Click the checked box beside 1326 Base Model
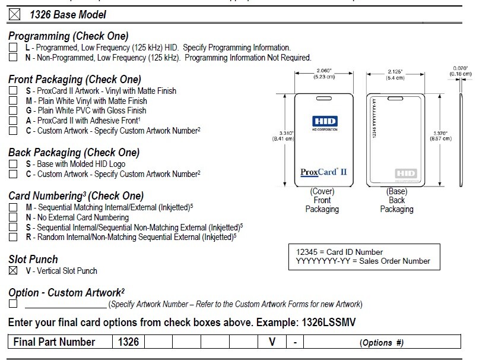[15, 14]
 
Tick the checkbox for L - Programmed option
[13, 48]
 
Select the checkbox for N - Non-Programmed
[13, 58]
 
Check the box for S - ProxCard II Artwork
[13, 91]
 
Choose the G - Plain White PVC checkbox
[13, 110]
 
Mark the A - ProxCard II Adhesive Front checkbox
[13, 121]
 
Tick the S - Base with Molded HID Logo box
[13, 164]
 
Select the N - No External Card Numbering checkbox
[13, 217]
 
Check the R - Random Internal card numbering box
[13, 237]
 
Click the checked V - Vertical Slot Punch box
[13, 271]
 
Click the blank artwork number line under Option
[65, 304]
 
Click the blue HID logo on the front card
[324, 122]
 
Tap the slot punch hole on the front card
[323, 98]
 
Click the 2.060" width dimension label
[323, 73]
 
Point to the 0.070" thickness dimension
[461, 71]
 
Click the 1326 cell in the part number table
[128, 342]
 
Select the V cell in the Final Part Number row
[271, 342]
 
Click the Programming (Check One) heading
[68, 36]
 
